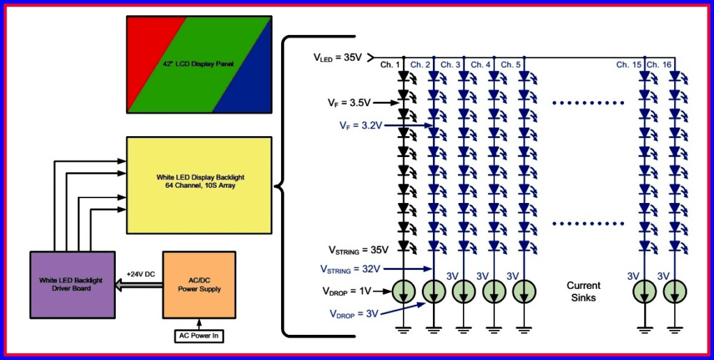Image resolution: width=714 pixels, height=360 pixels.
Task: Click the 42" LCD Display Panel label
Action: coord(198,64)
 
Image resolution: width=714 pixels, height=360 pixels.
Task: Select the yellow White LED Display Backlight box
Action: coord(199,185)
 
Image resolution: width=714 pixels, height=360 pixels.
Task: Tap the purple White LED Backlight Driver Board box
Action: coord(71,285)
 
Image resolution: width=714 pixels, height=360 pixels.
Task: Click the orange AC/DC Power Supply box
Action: coord(199,285)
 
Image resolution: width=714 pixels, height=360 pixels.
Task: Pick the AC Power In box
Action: coord(199,336)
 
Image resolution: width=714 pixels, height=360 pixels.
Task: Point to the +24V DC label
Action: coord(140,274)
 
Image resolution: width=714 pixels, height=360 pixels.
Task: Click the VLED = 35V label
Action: coord(338,58)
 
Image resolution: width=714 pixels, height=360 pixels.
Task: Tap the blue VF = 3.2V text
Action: coord(360,126)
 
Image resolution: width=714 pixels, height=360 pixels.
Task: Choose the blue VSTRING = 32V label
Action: coord(350,268)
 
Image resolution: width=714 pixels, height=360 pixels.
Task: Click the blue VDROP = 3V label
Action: coord(356,313)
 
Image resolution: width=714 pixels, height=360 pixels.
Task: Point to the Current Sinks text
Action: coord(584,291)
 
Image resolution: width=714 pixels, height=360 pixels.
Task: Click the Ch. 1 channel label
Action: coord(390,65)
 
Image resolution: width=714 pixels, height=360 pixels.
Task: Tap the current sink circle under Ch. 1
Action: coord(404,291)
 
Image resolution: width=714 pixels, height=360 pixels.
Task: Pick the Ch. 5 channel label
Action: coord(510,65)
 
